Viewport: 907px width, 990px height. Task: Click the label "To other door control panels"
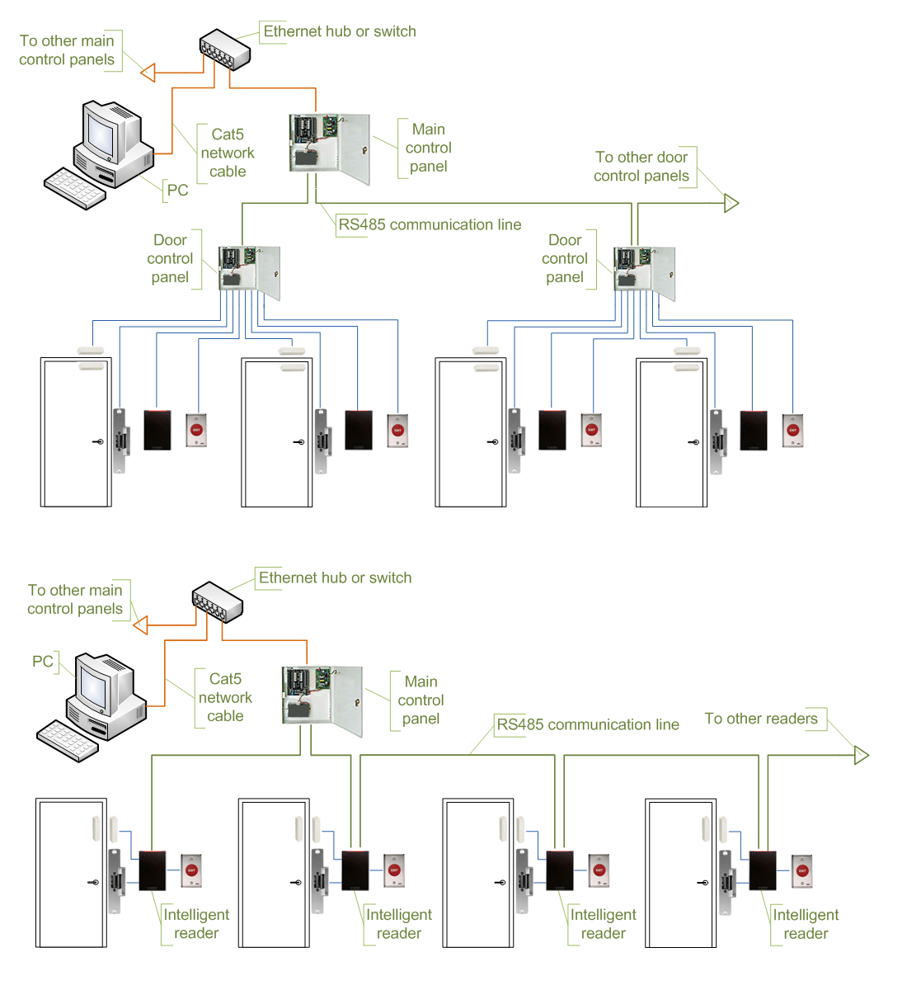641,167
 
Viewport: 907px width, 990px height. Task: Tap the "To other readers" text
761,719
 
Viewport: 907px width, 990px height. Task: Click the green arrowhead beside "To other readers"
862,755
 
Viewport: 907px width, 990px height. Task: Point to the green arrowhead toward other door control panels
731,203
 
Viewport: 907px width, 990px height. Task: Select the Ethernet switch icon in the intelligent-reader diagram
217,602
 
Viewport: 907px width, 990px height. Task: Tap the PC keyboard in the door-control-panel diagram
74,188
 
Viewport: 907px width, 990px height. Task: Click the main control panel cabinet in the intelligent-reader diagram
322,700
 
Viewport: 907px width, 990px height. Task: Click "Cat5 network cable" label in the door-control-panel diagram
228,153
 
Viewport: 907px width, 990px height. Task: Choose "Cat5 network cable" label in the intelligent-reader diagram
225,697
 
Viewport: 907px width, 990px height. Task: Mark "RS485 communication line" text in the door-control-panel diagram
430,224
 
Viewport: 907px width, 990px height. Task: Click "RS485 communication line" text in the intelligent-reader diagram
588,724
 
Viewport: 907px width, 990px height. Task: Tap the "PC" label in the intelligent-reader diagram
42,661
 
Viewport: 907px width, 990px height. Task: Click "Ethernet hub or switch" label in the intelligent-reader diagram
335,577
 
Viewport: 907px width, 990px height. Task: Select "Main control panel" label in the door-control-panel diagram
428,148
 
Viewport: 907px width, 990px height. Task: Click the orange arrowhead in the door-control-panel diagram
148,73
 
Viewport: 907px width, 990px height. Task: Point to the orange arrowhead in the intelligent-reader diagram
140,625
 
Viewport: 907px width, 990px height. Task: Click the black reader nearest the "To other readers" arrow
763,870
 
